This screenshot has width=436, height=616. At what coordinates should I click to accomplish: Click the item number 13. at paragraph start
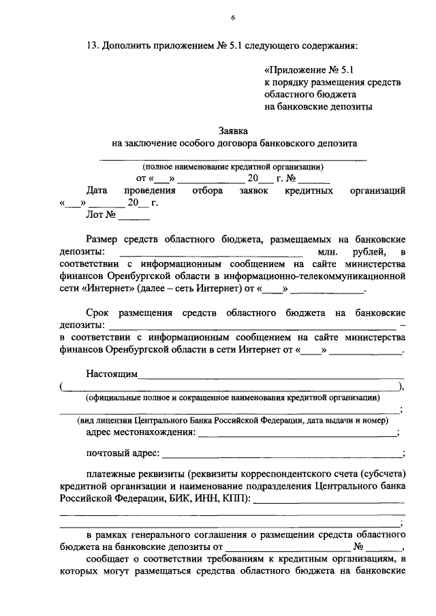93,46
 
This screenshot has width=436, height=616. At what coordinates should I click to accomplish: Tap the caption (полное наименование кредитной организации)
233,167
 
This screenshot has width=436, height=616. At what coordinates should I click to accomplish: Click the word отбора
207,191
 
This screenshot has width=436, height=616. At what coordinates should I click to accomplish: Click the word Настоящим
112,374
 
